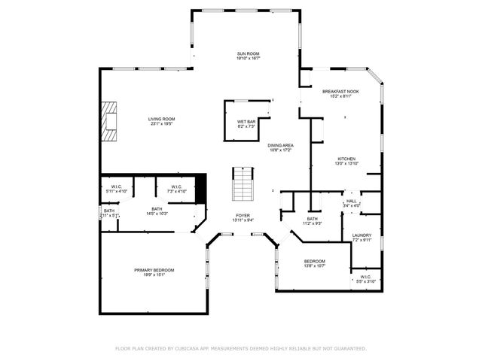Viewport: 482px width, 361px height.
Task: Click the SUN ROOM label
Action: pyautogui.click(x=248, y=54)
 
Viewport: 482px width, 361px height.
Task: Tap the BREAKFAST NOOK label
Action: pyautogui.click(x=340, y=91)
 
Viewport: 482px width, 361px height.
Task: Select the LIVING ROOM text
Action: pyautogui.click(x=161, y=119)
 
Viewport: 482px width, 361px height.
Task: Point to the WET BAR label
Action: pyautogui.click(x=246, y=122)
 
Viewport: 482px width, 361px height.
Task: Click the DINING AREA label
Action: pyautogui.click(x=280, y=145)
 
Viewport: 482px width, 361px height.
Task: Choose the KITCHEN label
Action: pyautogui.click(x=346, y=159)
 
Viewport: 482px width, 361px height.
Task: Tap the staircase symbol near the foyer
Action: pyautogui.click(x=243, y=185)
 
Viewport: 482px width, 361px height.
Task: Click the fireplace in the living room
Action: pyautogui.click(x=111, y=121)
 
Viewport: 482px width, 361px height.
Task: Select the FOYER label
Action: pyautogui.click(x=243, y=215)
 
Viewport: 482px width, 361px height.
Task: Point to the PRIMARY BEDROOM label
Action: pyautogui.click(x=154, y=270)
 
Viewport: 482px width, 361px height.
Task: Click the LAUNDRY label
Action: pyautogui.click(x=361, y=236)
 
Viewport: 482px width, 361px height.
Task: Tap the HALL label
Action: pyautogui.click(x=351, y=201)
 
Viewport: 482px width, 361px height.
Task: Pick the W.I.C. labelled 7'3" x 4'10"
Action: pyautogui.click(x=176, y=187)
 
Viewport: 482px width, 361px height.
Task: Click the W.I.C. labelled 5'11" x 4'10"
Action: pyautogui.click(x=117, y=187)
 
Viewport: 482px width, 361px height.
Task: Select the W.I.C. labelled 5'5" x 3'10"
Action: pyautogui.click(x=365, y=277)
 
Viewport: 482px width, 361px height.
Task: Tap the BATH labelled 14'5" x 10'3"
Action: pyautogui.click(x=157, y=209)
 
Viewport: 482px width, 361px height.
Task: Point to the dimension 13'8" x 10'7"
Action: pyautogui.click(x=314, y=265)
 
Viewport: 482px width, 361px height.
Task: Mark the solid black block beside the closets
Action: pyautogui.click(x=200, y=188)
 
